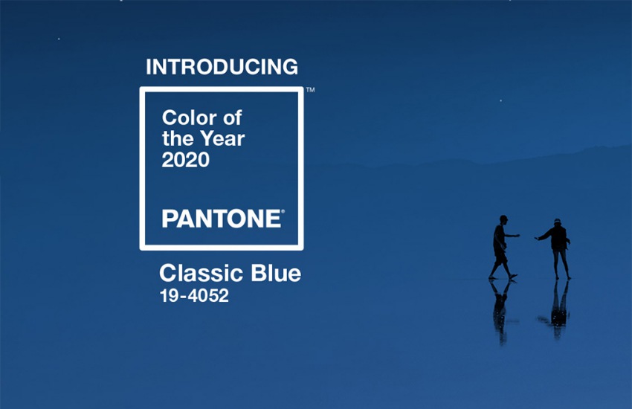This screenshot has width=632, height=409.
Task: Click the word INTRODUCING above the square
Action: click(222, 67)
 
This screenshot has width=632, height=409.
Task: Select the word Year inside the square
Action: click(222, 138)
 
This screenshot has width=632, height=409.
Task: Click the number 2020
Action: click(185, 160)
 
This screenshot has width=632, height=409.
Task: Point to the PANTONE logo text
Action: click(222, 219)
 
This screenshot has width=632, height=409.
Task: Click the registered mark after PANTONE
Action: click(283, 211)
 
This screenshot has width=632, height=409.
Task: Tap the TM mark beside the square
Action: click(310, 89)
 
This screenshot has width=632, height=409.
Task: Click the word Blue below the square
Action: click(276, 273)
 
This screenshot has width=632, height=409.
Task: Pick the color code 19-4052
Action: click(194, 296)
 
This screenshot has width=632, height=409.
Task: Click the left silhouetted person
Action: click(502, 248)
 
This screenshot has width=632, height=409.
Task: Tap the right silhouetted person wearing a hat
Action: click(555, 249)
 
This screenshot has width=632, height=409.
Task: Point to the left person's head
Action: click(503, 219)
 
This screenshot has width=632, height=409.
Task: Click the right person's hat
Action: click(557, 221)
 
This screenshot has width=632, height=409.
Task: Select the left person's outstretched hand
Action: click(517, 235)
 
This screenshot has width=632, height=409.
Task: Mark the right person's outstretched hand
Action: click(537, 239)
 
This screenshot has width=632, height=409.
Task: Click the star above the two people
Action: click(501, 100)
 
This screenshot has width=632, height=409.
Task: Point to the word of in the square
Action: click(233, 117)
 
